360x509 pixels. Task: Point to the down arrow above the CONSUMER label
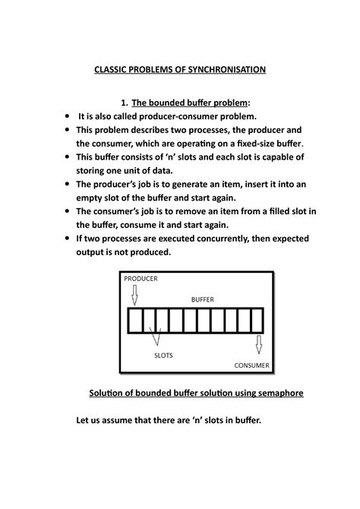pos(258,346)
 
